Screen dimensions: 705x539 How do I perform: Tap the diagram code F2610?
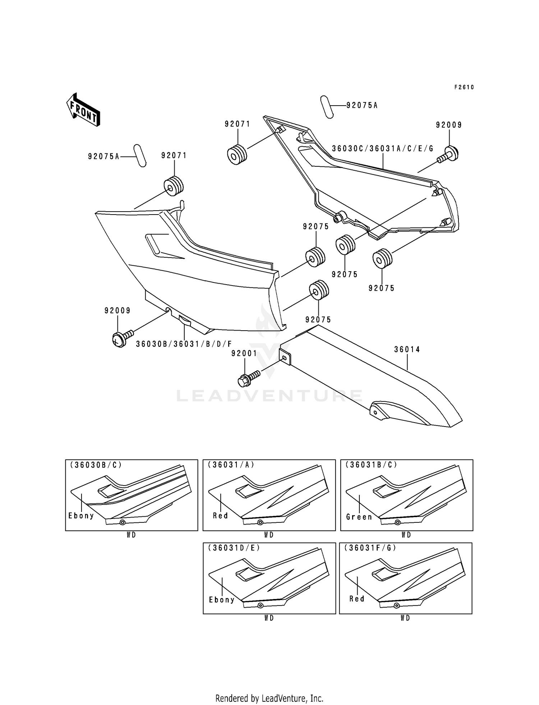[464, 87]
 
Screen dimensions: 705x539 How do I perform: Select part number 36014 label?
[407, 349]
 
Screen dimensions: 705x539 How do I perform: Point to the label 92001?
[244, 354]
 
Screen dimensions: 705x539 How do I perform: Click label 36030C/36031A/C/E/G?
[382, 148]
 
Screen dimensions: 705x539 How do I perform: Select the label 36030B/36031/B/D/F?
[184, 344]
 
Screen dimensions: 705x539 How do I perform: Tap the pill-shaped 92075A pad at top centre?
[327, 107]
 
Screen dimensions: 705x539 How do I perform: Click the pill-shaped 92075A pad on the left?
[140, 156]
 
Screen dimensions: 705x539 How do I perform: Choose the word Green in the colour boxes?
[359, 517]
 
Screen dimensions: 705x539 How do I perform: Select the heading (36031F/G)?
[370, 548]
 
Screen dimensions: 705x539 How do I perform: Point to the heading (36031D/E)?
[234, 548]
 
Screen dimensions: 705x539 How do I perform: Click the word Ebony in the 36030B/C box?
[81, 516]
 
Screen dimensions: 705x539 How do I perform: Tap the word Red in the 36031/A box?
[220, 516]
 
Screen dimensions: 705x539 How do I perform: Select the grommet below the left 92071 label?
[174, 186]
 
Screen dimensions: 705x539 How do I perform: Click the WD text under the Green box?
[406, 535]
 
